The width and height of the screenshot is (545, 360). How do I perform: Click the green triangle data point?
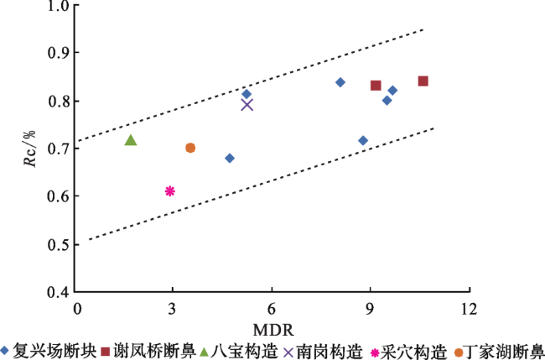131,139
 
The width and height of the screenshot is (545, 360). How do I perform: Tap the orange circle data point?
190,148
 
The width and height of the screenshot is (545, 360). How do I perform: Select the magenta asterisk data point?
170,191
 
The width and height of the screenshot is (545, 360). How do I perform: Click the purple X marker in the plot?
247,104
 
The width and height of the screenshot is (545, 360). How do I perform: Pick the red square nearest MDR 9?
376,86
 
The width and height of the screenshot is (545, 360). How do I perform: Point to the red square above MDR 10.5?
423,81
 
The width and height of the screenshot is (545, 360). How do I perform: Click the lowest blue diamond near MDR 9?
363,140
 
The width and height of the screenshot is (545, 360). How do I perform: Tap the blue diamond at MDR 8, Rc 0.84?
340,82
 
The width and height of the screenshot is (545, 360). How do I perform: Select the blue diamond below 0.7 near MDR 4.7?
230,158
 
